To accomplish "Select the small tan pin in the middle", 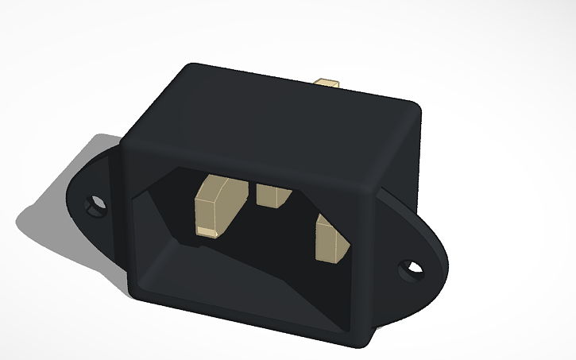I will click(x=273, y=194).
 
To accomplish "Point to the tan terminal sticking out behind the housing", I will click(x=328, y=83).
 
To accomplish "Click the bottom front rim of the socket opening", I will click(x=238, y=314).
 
